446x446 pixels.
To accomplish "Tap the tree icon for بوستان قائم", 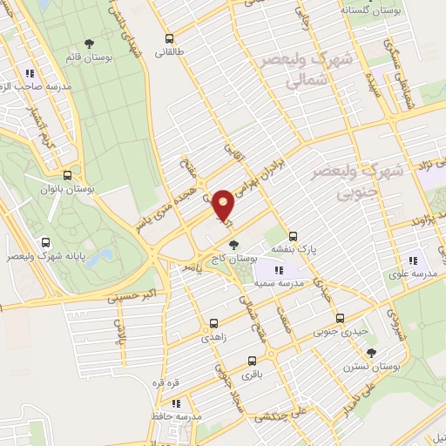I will coord(88,44).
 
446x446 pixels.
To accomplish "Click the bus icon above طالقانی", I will coord(169,38).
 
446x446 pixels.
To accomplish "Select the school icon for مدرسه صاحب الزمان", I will coord(30,74).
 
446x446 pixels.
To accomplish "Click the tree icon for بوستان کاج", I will coord(232,247).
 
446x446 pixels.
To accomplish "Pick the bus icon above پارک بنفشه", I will coord(293,235).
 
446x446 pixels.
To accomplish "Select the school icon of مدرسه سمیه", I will coord(278,270).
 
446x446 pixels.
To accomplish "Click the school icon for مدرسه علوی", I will coord(415,259).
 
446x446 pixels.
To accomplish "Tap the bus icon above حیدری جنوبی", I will coord(341,318).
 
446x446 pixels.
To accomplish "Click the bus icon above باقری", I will coord(253,361).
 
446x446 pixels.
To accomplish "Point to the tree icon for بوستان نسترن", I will coord(371,353).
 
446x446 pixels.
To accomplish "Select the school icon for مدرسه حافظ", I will coord(177,403).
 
